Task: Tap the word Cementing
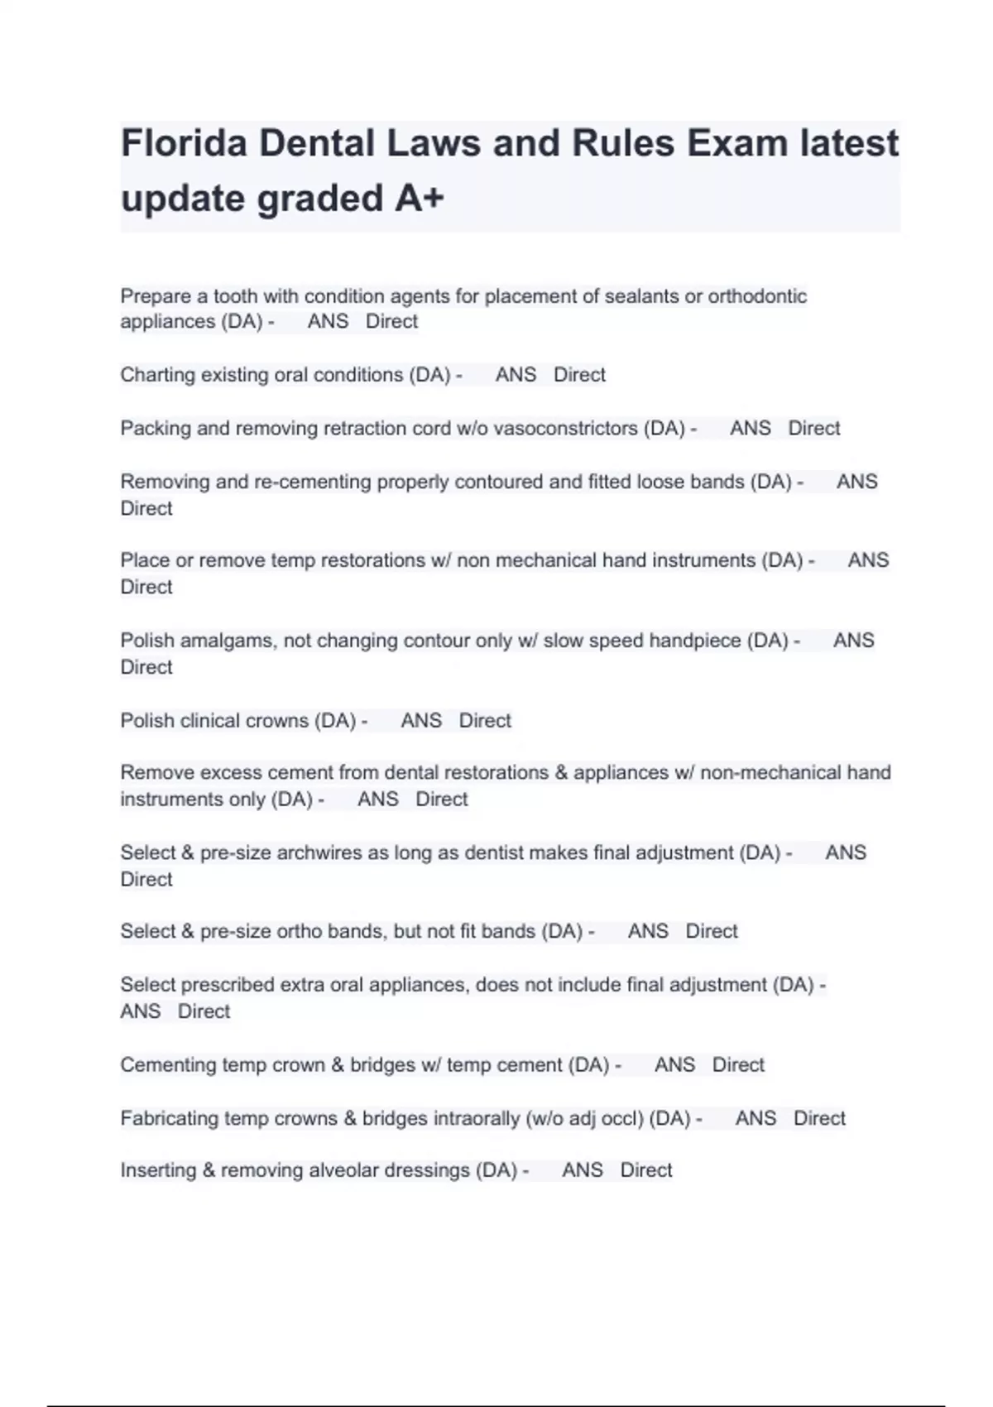(x=167, y=1064)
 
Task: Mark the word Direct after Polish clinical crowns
(x=485, y=720)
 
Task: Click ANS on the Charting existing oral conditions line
(x=516, y=375)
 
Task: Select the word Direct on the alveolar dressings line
(x=646, y=1170)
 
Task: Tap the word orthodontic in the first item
(x=757, y=296)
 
